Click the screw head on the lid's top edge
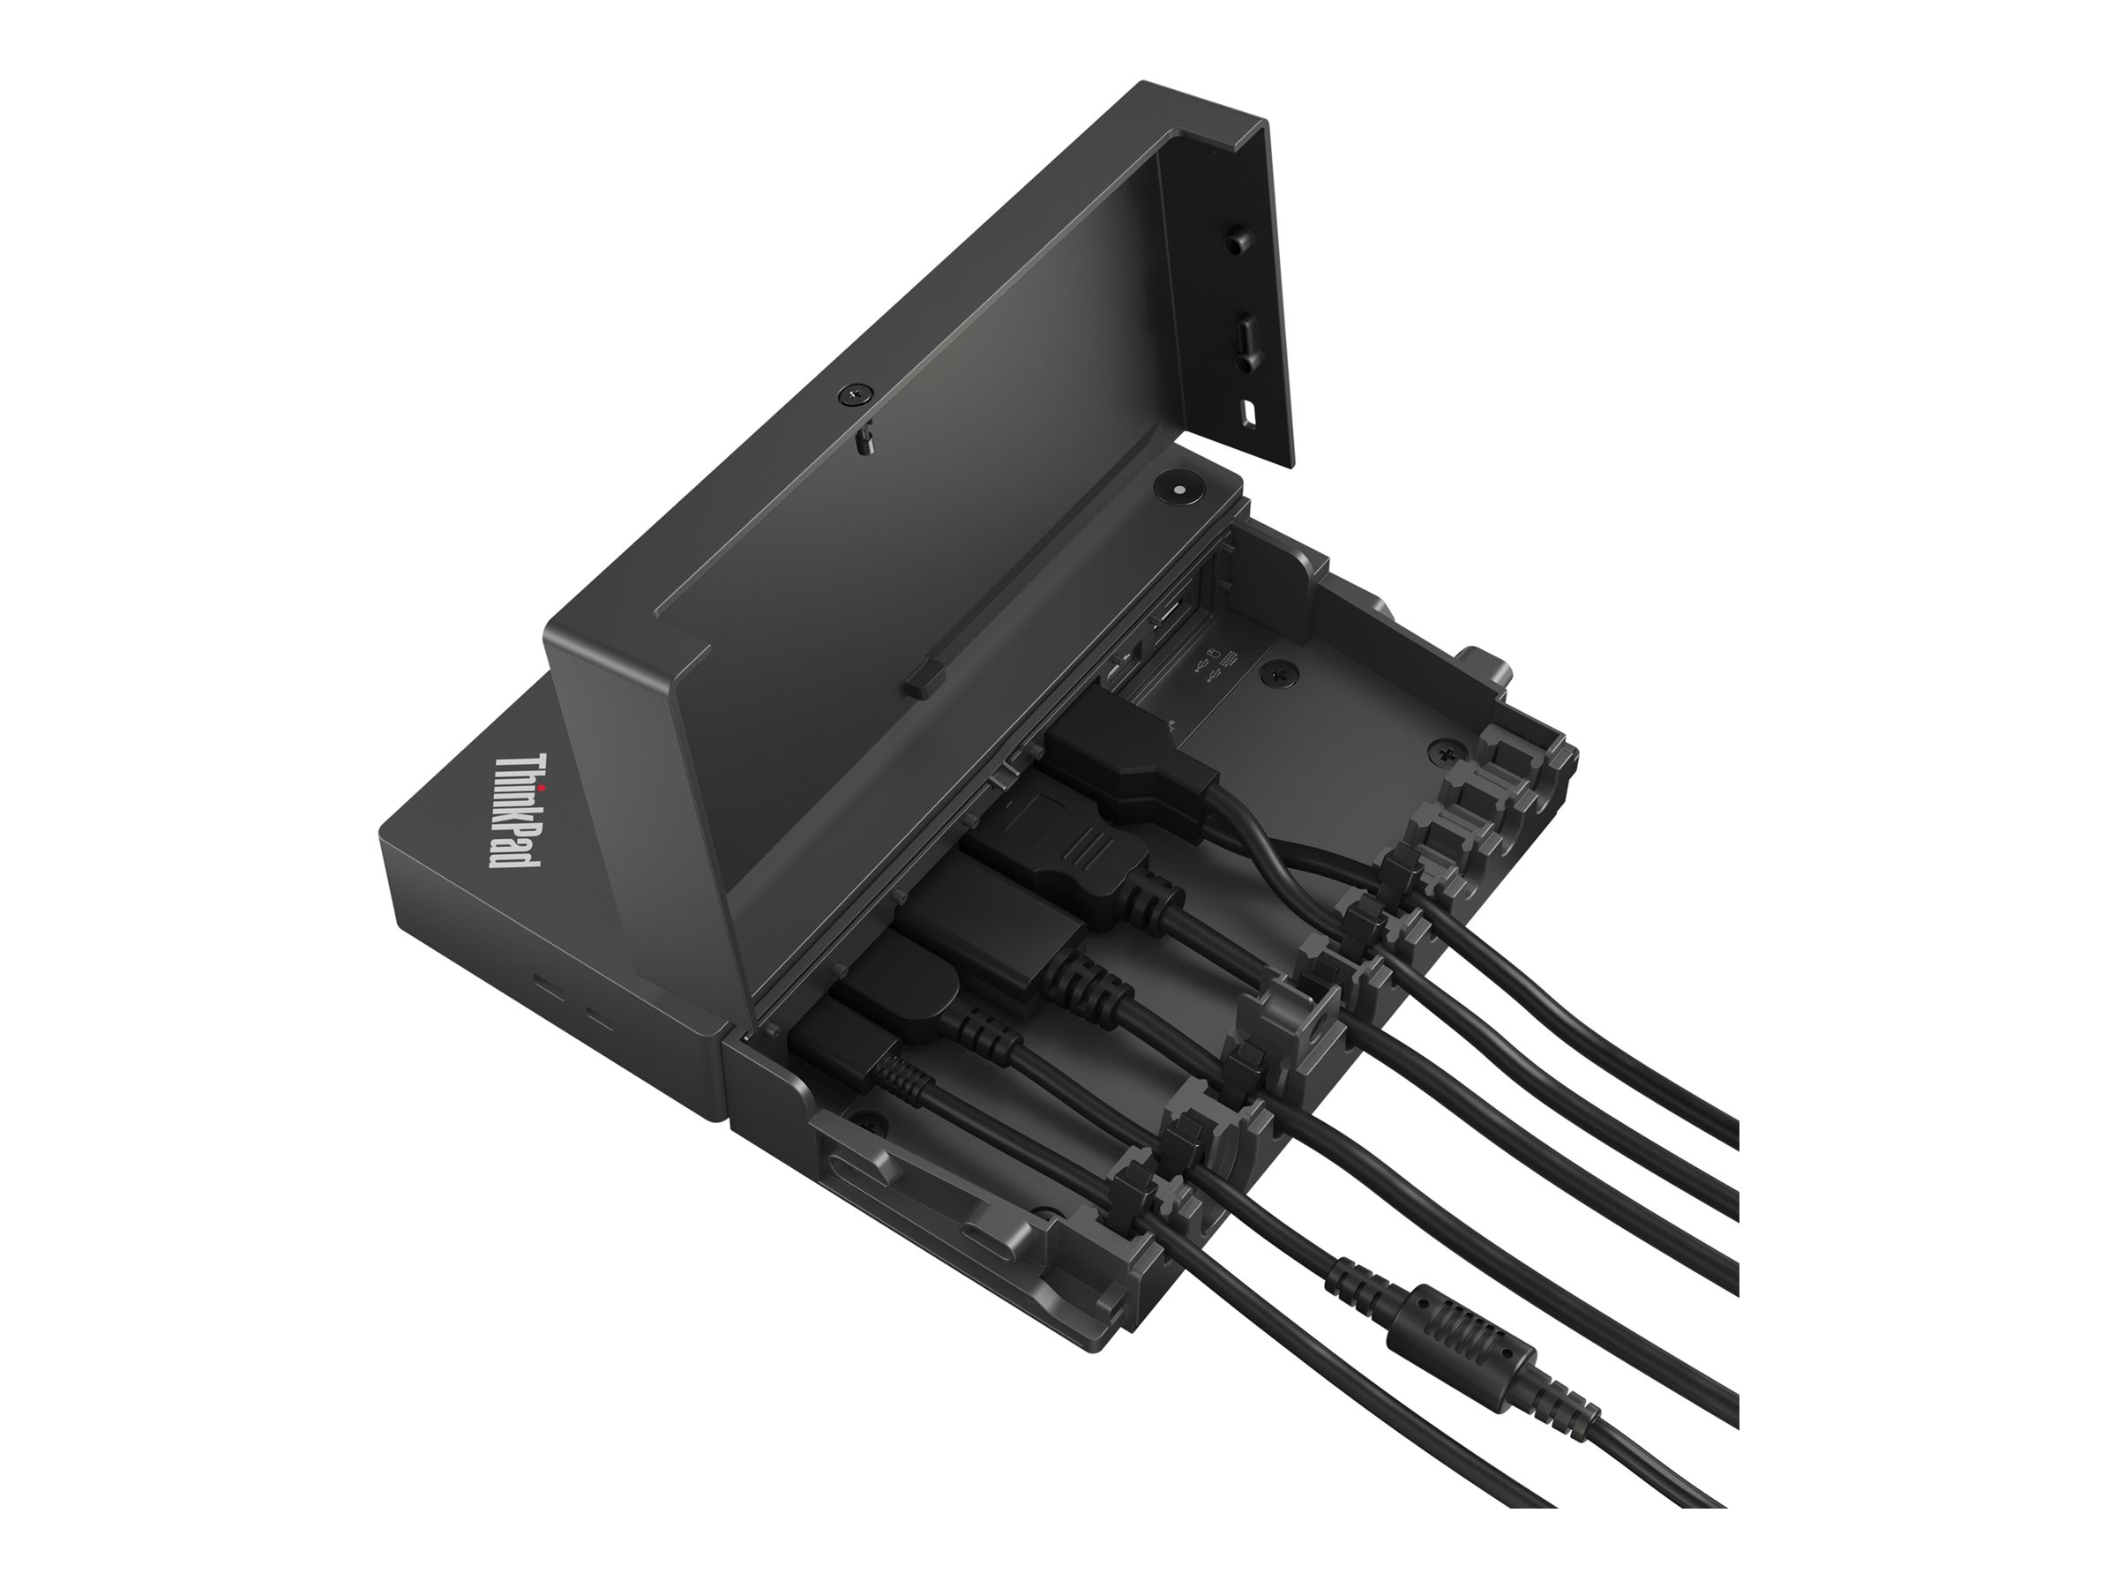tap(856, 394)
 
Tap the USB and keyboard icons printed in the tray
tap(1215, 667)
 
